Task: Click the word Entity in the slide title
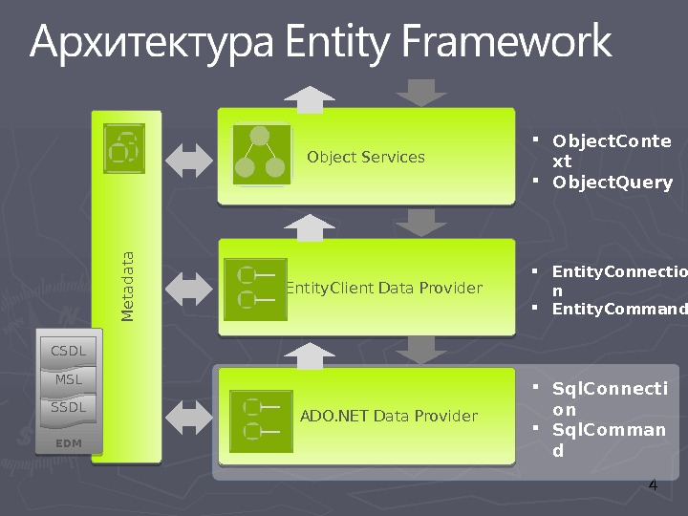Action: pos(339,43)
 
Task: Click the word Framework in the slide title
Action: pos(506,43)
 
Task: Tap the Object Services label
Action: pos(366,158)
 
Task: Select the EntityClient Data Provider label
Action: pos(384,289)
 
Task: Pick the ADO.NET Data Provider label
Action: pos(389,416)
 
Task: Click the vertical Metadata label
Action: pos(127,286)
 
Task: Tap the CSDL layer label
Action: pos(68,351)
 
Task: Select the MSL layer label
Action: pos(68,379)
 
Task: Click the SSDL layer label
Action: pos(68,407)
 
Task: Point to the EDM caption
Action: pos(68,443)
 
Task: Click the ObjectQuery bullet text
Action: pos(613,183)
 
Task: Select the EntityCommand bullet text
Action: pos(619,309)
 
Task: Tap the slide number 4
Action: pos(653,486)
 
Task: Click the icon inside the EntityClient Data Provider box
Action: pos(254,289)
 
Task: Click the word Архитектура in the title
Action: pos(153,43)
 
